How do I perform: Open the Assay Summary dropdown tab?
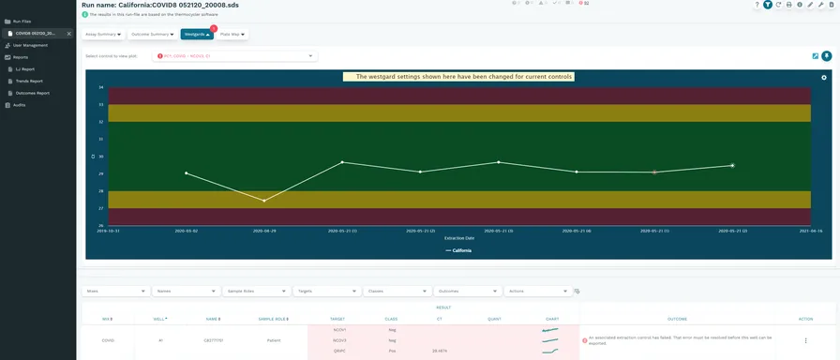(102, 35)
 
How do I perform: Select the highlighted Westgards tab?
(197, 35)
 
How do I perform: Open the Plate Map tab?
(232, 35)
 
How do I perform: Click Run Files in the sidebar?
(21, 21)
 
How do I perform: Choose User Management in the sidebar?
(30, 45)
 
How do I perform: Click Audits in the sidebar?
(19, 105)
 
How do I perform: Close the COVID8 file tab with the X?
(68, 33)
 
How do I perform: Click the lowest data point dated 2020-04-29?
(264, 201)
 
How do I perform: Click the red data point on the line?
(654, 172)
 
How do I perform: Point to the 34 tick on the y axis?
(101, 87)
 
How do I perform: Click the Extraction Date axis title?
(458, 238)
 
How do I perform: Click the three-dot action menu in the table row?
(805, 340)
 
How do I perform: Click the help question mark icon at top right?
(757, 5)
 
